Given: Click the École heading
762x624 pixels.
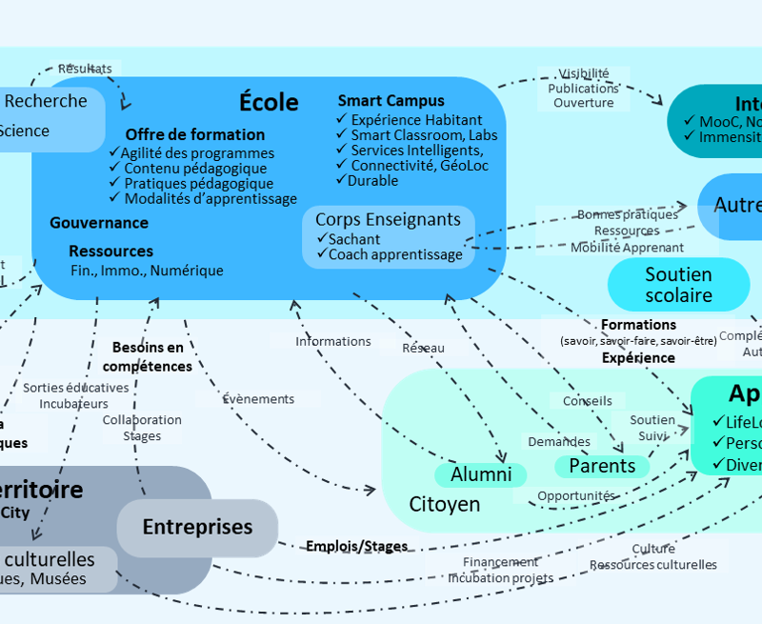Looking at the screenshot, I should coord(269,102).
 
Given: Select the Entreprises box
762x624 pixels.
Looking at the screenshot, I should coord(197,527).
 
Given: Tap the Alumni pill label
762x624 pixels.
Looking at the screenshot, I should coord(481,474).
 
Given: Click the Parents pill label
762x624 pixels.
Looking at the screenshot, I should coord(602,466).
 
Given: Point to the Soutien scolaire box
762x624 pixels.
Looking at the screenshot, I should coord(678,285).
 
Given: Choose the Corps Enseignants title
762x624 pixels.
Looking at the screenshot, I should coord(388,219).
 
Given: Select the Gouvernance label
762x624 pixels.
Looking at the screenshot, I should coord(99,222).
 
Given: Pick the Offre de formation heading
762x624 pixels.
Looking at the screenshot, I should coord(195,134).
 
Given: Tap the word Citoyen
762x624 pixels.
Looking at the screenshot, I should coord(445,503).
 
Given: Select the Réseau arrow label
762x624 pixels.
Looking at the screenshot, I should coord(423,348).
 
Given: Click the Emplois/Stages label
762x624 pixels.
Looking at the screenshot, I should coord(356,546).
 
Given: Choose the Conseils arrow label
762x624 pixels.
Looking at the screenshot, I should coord(588,401).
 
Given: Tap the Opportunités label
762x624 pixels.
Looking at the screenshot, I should coord(575,496).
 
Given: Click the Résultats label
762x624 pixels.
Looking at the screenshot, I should coord(85,69).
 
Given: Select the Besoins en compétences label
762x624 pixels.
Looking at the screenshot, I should coord(148,357).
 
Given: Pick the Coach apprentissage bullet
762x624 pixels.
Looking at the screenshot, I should coord(395,254).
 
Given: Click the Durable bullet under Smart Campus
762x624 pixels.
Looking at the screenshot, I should coord(372,180).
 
